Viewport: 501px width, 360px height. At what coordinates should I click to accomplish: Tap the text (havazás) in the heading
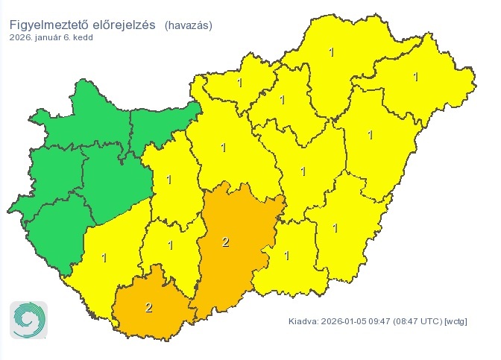click(x=189, y=25)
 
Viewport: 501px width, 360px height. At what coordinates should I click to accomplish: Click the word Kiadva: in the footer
click(x=303, y=322)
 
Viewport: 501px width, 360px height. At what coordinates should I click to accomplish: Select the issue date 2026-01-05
click(x=345, y=322)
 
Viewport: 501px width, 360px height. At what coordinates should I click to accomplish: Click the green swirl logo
click(x=28, y=320)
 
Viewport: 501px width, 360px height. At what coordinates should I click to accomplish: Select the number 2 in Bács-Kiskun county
click(x=226, y=241)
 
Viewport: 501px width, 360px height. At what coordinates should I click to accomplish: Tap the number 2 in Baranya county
click(x=149, y=307)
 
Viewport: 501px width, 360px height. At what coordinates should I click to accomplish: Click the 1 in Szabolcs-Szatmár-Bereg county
click(x=415, y=76)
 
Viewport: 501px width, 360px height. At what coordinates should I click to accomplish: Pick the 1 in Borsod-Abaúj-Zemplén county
click(x=332, y=51)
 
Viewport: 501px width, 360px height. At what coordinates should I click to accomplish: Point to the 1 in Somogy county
click(x=104, y=258)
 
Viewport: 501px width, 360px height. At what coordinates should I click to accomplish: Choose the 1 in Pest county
click(x=224, y=147)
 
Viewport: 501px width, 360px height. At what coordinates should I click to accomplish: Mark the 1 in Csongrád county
click(x=286, y=256)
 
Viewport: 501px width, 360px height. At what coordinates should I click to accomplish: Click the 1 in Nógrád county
click(x=239, y=82)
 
